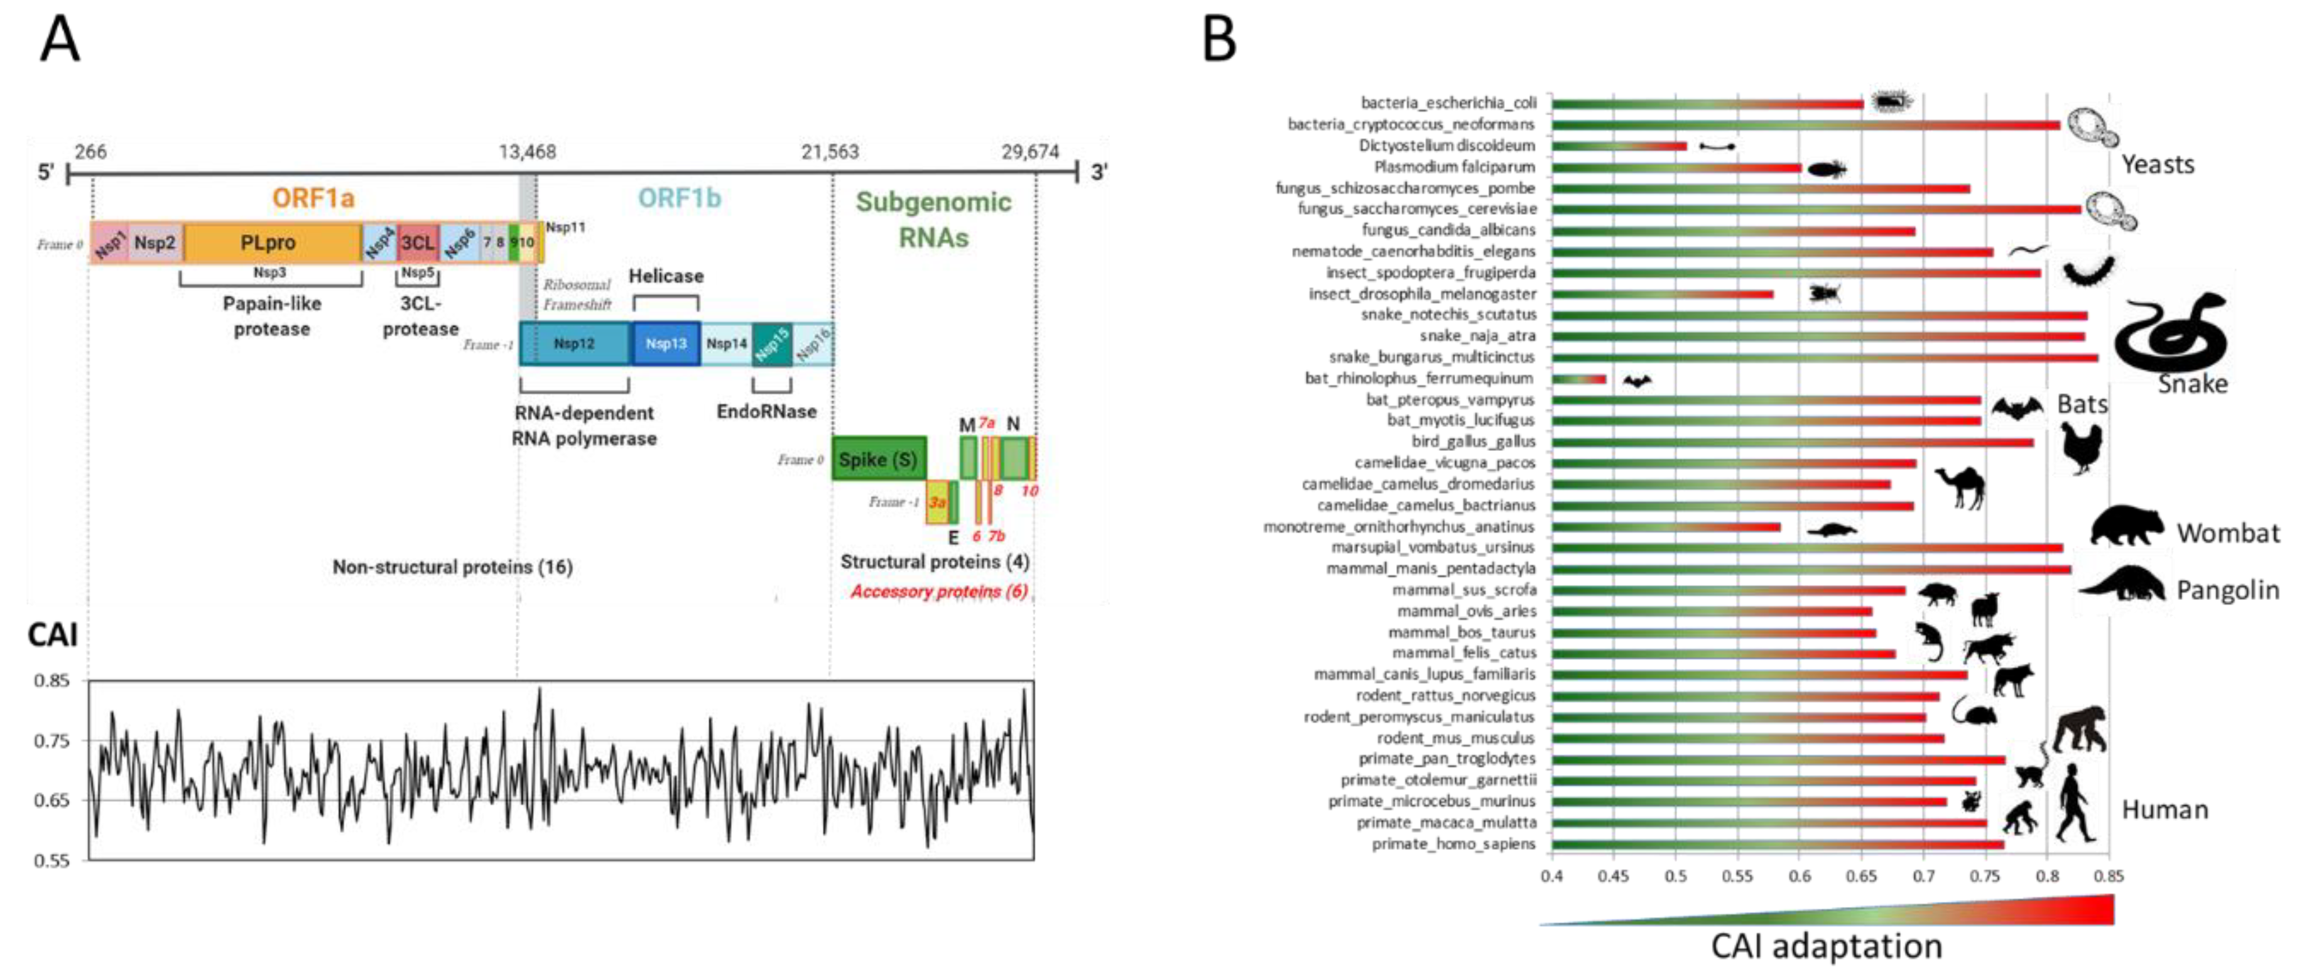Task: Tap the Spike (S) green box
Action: (877, 459)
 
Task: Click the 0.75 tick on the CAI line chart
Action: (51, 740)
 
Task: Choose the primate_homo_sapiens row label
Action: (1453, 844)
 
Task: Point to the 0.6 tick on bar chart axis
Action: (1800, 876)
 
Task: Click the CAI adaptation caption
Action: (1825, 946)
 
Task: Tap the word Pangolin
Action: (2227, 590)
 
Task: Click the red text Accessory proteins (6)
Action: (938, 592)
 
